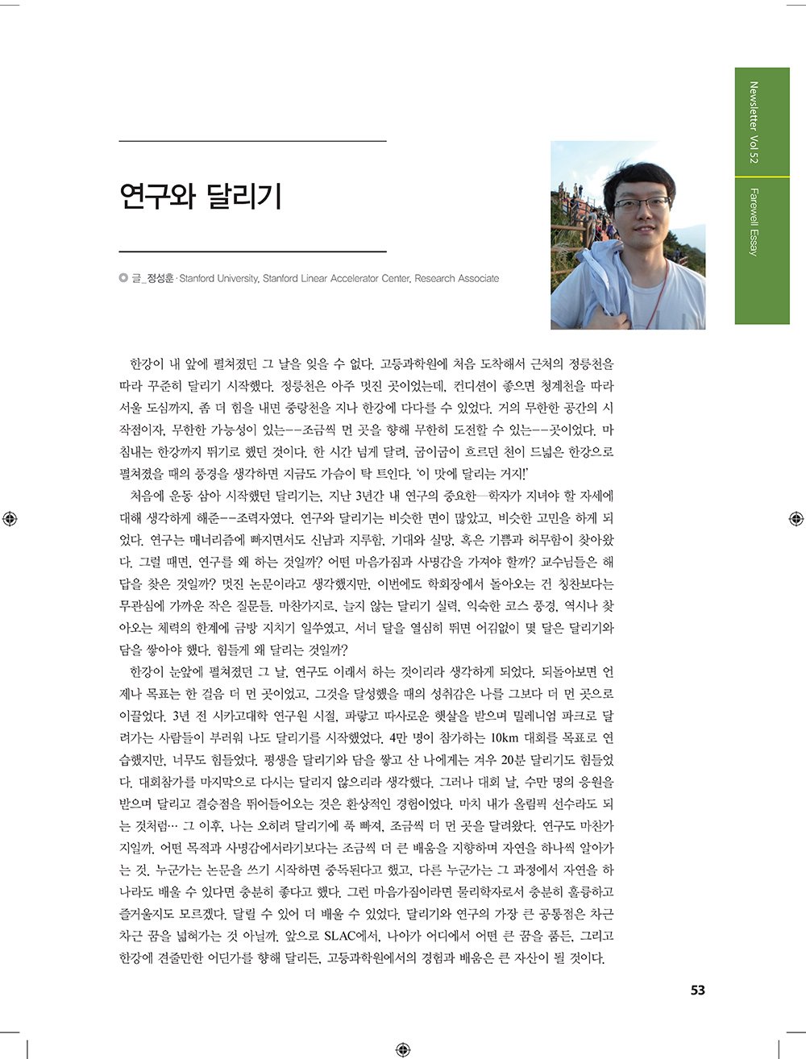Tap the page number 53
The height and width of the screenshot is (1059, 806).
tap(697, 990)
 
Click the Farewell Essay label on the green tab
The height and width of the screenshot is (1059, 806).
tap(754, 222)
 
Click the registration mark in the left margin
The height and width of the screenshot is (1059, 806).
tap(10, 518)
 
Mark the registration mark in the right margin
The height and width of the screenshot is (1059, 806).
tap(795, 518)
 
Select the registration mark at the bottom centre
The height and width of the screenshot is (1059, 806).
tap(403, 1049)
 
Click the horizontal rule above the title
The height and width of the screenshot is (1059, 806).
tap(252, 142)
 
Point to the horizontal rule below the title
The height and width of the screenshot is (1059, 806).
tap(252, 252)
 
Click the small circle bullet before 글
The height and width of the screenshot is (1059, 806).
tap(123, 279)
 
